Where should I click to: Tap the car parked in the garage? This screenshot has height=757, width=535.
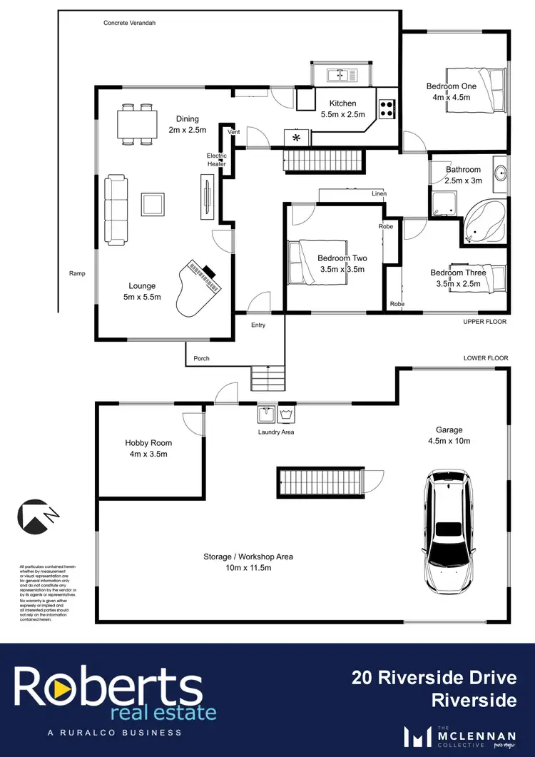[449, 528]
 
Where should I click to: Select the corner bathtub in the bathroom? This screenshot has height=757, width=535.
[485, 222]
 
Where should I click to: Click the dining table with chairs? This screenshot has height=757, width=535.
[137, 124]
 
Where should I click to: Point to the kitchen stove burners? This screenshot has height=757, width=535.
[387, 108]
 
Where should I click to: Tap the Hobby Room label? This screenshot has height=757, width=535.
[148, 447]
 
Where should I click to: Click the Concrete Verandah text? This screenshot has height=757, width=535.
[129, 23]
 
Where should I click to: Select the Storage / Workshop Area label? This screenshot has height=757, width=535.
[248, 562]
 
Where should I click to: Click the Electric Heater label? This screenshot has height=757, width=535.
[216, 160]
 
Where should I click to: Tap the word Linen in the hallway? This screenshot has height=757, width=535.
[379, 193]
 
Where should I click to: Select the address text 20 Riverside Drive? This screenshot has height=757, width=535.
[434, 676]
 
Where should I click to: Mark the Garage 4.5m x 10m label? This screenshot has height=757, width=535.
[449, 435]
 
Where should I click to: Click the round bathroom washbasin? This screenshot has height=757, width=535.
[500, 171]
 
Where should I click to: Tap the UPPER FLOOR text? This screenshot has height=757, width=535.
[484, 322]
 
